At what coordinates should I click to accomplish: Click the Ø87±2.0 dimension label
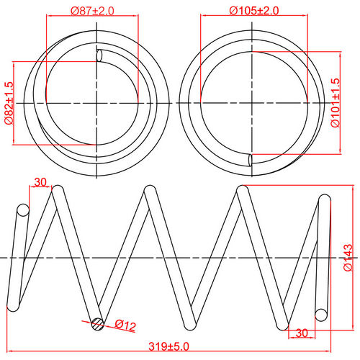(x=92, y=11)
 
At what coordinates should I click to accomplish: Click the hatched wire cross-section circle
(x=97, y=323)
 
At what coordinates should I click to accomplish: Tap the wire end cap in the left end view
(x=100, y=55)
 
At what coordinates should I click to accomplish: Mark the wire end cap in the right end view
(x=249, y=160)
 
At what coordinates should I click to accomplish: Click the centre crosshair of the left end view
(x=96, y=103)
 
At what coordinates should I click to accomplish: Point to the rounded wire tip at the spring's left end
(x=22, y=210)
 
